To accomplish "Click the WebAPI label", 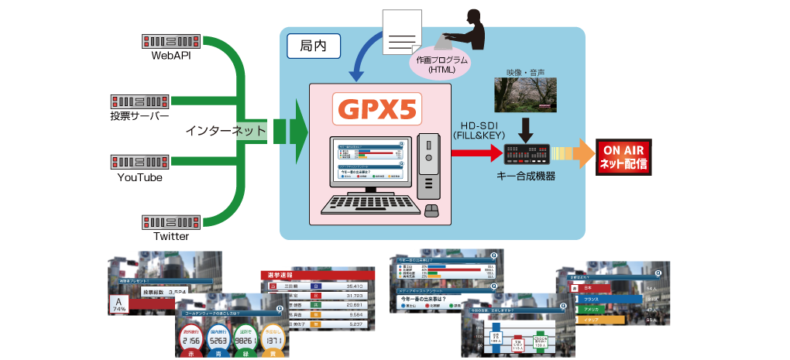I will click(172, 56).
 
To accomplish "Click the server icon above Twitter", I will click(172, 221).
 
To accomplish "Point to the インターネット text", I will click(225, 132).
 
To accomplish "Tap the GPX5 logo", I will click(376, 110).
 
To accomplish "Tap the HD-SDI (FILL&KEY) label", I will click(478, 129).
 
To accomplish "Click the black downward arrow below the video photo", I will click(527, 127).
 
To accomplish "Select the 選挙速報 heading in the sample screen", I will click(285, 274).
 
